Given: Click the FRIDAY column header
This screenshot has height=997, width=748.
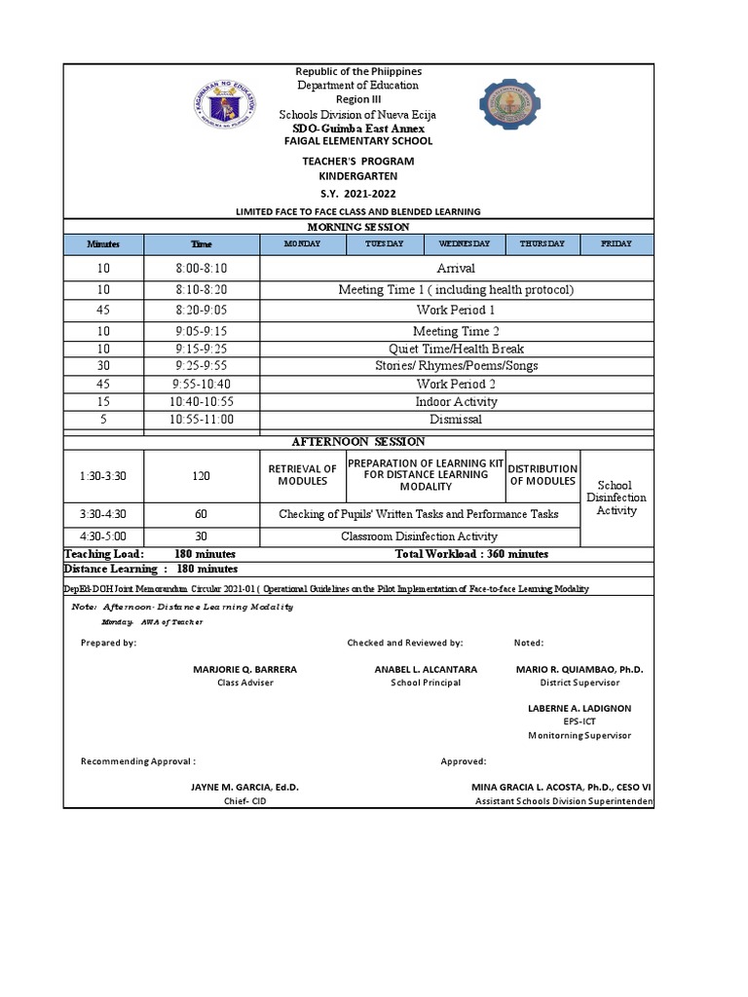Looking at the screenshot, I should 617,243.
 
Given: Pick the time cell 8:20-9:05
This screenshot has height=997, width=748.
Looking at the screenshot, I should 202,310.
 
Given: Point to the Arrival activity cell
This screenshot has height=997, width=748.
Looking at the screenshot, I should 456,268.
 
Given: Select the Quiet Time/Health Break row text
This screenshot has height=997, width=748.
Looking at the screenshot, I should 456,349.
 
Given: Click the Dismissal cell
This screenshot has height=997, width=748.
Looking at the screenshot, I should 456,420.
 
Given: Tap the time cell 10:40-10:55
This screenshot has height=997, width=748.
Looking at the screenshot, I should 202,401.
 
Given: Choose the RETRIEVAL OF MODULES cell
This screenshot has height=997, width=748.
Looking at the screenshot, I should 302,475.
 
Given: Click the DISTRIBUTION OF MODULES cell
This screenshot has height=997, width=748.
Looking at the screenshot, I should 543,475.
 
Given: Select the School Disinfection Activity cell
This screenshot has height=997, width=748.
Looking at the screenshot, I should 616,498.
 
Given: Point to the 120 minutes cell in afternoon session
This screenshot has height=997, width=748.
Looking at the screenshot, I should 202,476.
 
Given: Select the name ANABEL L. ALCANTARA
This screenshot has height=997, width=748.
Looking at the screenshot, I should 426,670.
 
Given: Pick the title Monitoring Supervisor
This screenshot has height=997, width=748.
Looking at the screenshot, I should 580,735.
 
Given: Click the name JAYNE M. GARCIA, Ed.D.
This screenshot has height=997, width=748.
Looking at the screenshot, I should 231,787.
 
